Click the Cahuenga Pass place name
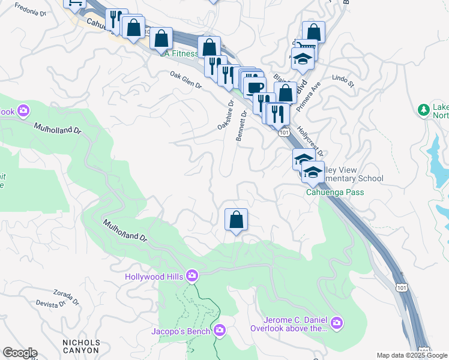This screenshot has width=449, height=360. pyautogui.click(x=335, y=192)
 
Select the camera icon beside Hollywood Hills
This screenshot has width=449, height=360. pyautogui.click(x=192, y=276)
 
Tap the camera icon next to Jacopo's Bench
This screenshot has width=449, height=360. pyautogui.click(x=220, y=330)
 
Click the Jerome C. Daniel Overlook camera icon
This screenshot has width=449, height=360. pyautogui.click(x=337, y=323)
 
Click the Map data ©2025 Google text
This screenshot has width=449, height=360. pyautogui.click(x=411, y=355)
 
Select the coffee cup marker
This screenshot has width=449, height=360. pyautogui.click(x=256, y=87)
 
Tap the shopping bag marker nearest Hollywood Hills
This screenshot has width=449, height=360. pyautogui.click(x=237, y=220)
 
